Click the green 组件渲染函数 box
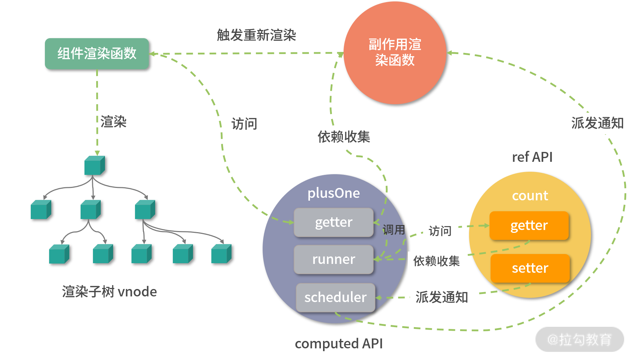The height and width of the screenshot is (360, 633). [96, 53]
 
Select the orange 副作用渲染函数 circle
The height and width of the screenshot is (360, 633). [395, 53]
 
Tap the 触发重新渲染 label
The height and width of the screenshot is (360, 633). [256, 35]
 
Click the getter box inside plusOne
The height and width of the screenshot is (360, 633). [334, 222]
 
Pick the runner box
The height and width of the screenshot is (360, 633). [334, 259]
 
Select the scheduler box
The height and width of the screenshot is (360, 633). [335, 297]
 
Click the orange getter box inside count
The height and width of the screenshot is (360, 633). [529, 225]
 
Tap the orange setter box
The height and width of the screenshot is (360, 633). [530, 268]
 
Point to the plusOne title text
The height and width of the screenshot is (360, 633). [334, 193]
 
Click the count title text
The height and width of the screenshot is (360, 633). [530, 195]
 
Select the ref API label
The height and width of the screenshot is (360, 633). [532, 157]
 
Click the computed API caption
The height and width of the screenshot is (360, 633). [339, 343]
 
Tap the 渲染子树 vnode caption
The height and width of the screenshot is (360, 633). [109, 292]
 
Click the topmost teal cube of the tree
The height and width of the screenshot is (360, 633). [94, 165]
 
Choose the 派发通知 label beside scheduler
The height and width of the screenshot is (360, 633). [442, 297]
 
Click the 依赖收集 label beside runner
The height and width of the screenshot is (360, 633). [437, 261]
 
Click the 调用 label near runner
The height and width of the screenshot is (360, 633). [393, 230]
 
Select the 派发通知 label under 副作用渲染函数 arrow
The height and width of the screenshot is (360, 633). [598, 123]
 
